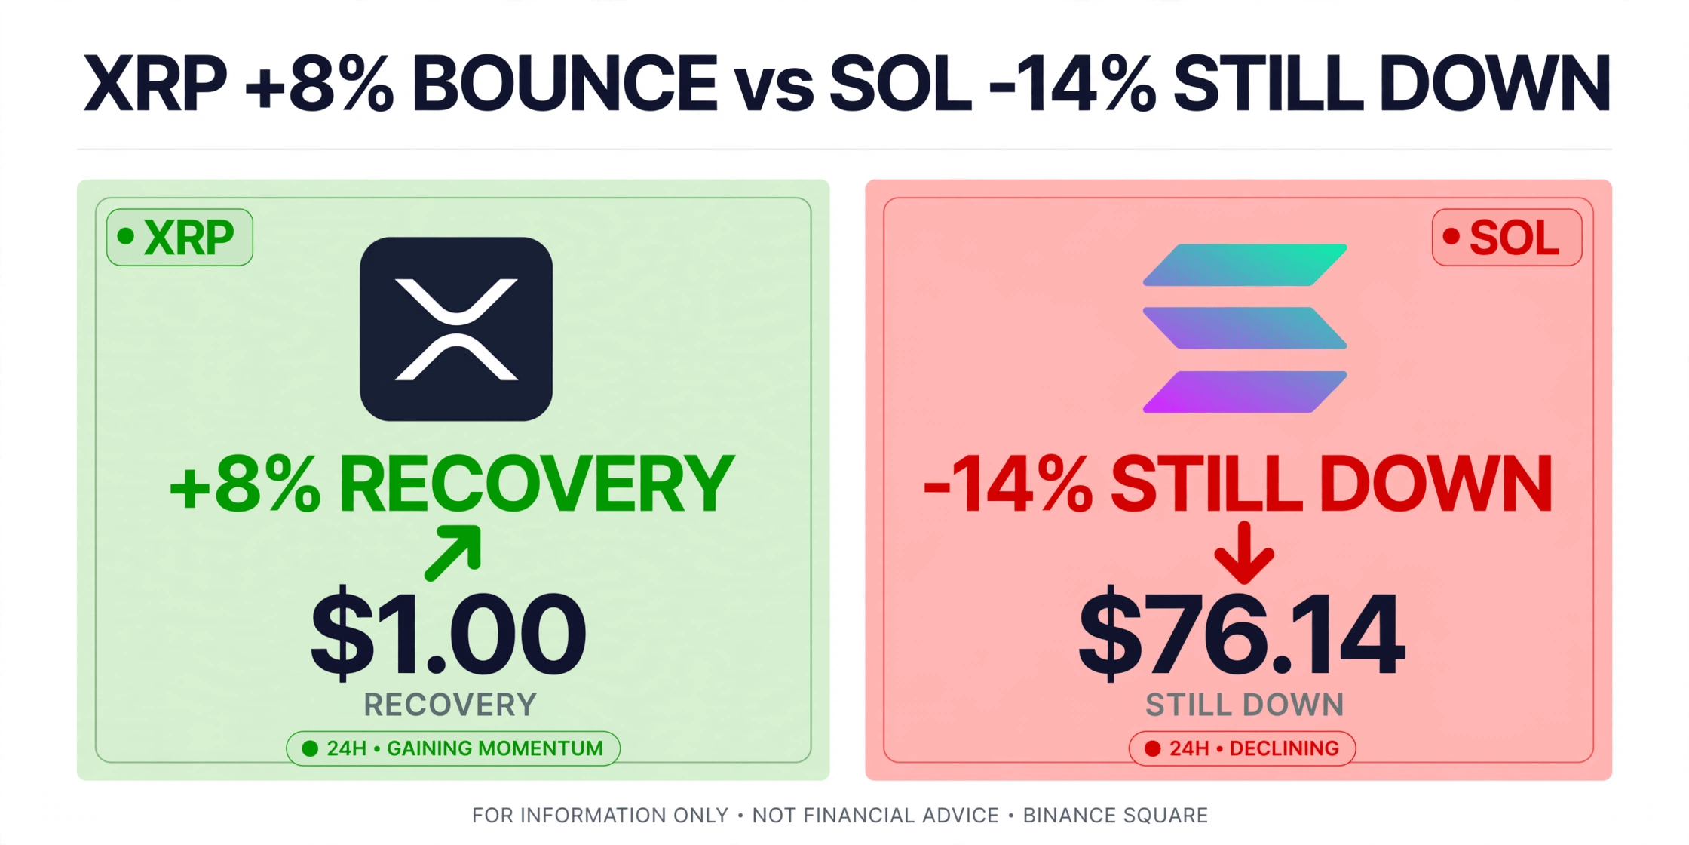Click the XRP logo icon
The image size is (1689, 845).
tap(456, 329)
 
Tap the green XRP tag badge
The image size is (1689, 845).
tap(179, 237)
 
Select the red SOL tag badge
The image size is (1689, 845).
tap(1507, 237)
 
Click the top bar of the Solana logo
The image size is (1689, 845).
tap(1245, 265)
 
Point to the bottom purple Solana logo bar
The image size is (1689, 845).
tap(1245, 392)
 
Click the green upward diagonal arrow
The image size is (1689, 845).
tap(452, 554)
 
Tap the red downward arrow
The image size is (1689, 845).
tap(1244, 553)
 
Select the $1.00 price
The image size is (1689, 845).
tap(449, 632)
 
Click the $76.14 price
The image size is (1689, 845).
tap(1242, 632)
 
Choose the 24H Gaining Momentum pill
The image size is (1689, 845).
tap(453, 748)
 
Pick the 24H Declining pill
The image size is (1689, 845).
tap(1242, 748)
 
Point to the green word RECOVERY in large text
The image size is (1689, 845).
tap(536, 484)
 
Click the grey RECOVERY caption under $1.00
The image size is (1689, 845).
tap(450, 705)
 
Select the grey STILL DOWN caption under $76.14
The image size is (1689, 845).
tap(1245, 705)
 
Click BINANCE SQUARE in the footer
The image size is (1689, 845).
tap(1115, 816)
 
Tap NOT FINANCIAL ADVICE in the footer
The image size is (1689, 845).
tap(875, 816)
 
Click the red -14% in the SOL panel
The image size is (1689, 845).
tap(1008, 484)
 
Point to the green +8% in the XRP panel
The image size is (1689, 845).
tap(245, 484)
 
